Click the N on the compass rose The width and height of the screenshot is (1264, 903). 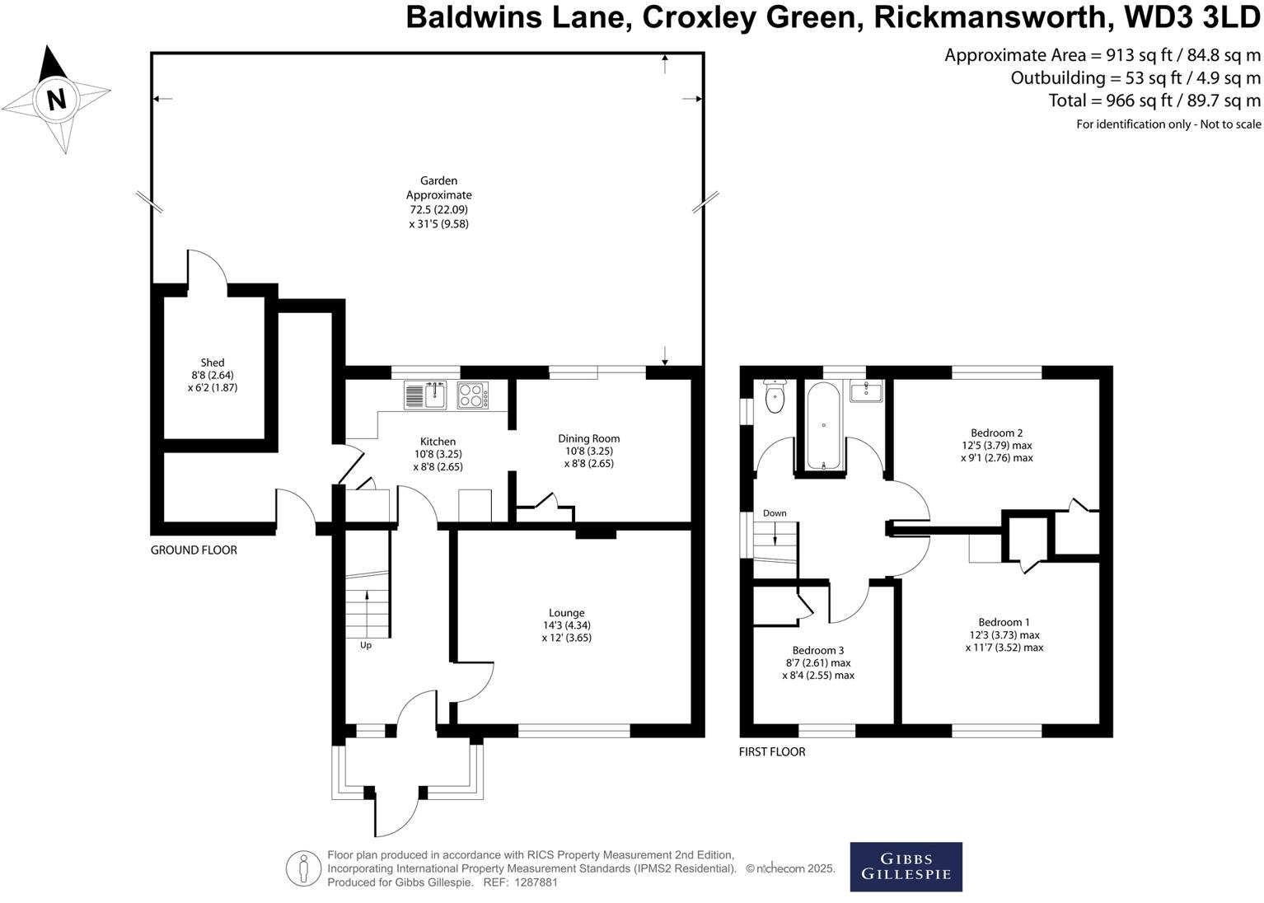point(56,100)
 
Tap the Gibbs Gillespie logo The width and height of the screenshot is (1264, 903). point(906,866)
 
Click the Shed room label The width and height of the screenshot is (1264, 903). point(213,363)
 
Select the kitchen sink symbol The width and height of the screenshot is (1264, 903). point(425,395)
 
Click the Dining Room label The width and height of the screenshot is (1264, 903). point(588,438)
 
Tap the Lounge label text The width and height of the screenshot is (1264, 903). point(566,613)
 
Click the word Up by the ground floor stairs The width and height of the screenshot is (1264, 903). point(366,645)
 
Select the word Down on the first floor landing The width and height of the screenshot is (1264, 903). point(775,513)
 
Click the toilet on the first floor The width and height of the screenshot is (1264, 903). point(775,397)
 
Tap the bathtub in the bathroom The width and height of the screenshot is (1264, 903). point(823,425)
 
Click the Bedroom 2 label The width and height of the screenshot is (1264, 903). point(996,433)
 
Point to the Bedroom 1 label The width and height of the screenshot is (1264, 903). point(1004,622)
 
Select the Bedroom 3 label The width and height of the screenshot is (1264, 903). point(817,650)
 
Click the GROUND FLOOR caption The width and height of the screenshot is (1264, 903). point(194,550)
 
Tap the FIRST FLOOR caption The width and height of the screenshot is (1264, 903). point(772,751)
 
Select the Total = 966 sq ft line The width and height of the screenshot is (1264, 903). point(1154,101)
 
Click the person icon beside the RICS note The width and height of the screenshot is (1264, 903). point(303,868)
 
